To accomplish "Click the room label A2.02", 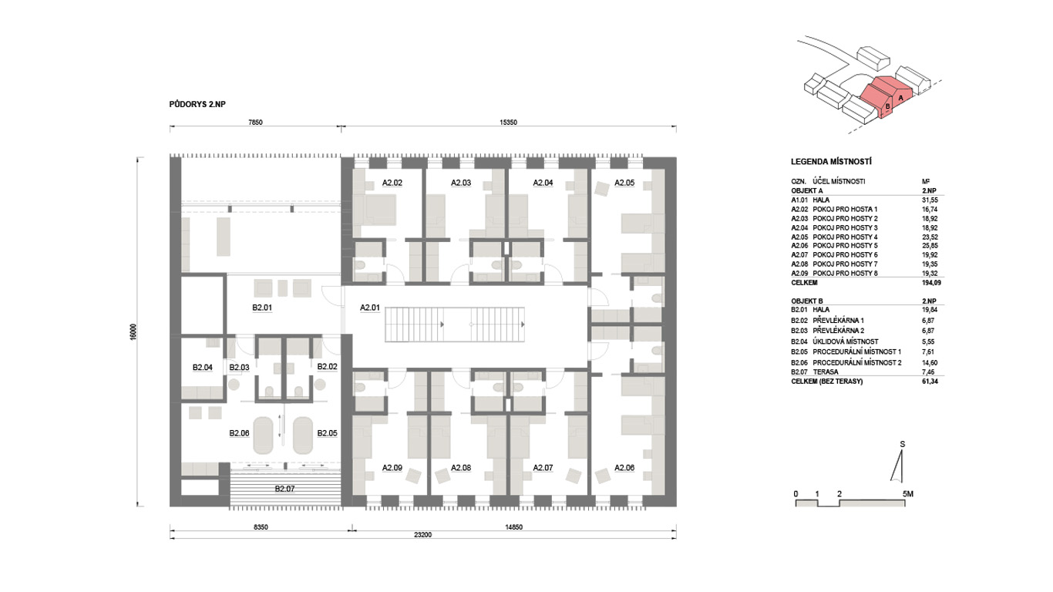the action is (x=392, y=183).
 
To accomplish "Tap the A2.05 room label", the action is (x=624, y=183).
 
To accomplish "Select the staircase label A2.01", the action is (x=370, y=308).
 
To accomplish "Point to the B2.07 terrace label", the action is (x=285, y=489).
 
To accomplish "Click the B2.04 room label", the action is (x=203, y=367).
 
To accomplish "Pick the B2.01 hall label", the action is (x=262, y=308).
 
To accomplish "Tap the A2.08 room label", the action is (x=461, y=468).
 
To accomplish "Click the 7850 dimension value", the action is (x=255, y=123).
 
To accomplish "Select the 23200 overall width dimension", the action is (x=423, y=535).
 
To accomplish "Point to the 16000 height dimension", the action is (x=133, y=332).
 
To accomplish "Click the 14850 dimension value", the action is (x=514, y=527).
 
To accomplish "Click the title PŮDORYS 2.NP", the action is (x=197, y=104).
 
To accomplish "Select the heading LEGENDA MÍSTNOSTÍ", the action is (x=832, y=162).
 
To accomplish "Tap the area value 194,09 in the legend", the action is (x=931, y=283).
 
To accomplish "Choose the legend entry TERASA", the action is (x=826, y=372).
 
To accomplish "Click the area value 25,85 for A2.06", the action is (x=930, y=245).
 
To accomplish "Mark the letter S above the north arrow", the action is (x=903, y=444).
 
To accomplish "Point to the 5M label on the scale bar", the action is (x=908, y=494).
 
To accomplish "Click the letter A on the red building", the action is (x=900, y=98).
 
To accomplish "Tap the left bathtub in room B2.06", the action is (x=264, y=436).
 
